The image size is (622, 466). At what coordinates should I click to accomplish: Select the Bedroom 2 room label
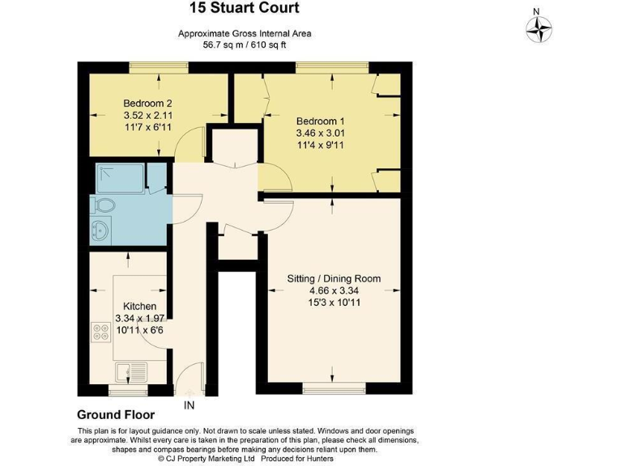point(147,104)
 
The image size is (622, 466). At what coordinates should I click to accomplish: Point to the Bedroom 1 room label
point(320,121)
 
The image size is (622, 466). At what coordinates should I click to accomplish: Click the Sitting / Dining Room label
point(334,278)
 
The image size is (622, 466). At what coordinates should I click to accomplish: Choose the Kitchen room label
point(139,307)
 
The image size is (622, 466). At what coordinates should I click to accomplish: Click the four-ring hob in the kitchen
point(102,331)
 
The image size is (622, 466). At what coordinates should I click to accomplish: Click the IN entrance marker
point(189,405)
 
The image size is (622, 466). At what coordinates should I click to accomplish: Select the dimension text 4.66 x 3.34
point(334,290)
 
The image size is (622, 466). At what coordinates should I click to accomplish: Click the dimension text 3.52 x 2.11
point(147,116)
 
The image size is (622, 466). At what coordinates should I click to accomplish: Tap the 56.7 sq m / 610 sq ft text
point(245,45)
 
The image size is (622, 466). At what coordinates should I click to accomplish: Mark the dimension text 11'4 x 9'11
point(320,145)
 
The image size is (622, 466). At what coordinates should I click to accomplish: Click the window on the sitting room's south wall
point(334,390)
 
